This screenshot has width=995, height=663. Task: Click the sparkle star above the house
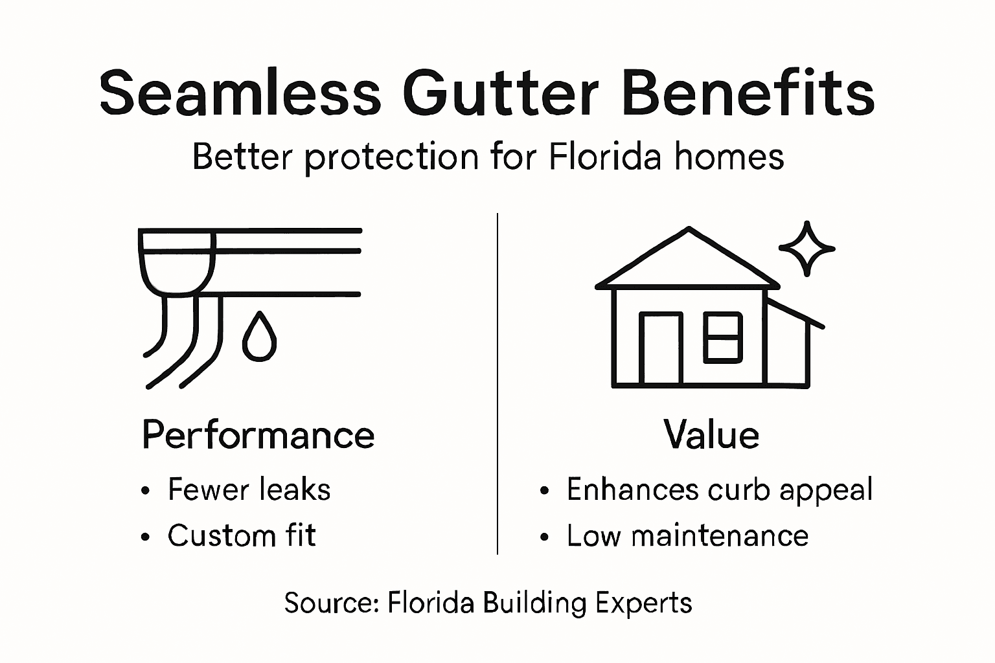(806, 248)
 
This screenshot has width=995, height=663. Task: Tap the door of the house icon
(661, 348)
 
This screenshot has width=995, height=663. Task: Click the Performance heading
(258, 435)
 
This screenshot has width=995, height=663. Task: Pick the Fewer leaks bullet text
(249, 489)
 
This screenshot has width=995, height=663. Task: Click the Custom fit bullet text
(242, 536)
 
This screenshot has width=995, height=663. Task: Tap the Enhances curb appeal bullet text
(719, 490)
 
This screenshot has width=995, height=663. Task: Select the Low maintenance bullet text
(687, 536)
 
